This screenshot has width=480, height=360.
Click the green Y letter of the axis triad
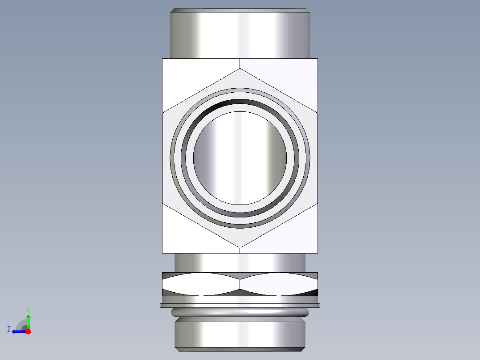click(28, 309)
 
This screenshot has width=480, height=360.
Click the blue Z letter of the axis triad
click(8, 329)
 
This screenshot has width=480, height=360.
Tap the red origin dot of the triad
click(28, 331)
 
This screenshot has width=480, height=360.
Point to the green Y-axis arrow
click(28, 320)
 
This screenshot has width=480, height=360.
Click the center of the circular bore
click(240, 158)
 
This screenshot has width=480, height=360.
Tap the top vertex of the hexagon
click(240, 69)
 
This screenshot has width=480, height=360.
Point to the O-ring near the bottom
click(240, 312)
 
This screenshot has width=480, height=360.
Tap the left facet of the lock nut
click(200, 284)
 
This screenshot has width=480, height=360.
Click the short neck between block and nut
click(240, 262)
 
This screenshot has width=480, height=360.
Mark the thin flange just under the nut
click(240, 305)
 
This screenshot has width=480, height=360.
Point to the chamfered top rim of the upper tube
click(240, 10)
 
